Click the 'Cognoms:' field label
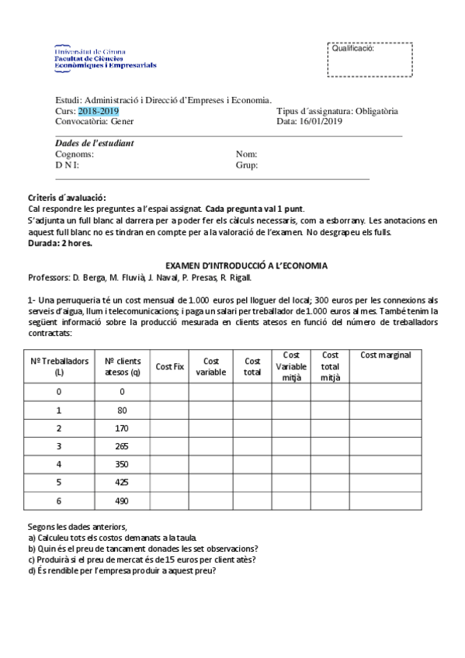75,154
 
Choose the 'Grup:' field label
247,165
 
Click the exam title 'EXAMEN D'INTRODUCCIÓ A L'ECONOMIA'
247,265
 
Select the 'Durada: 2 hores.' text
60,243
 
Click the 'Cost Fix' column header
169,366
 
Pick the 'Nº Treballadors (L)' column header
59,366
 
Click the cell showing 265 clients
122,446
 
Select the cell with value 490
122,500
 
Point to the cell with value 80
122,410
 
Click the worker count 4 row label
59,464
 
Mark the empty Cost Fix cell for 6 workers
169,500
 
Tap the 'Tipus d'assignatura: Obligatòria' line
337,111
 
